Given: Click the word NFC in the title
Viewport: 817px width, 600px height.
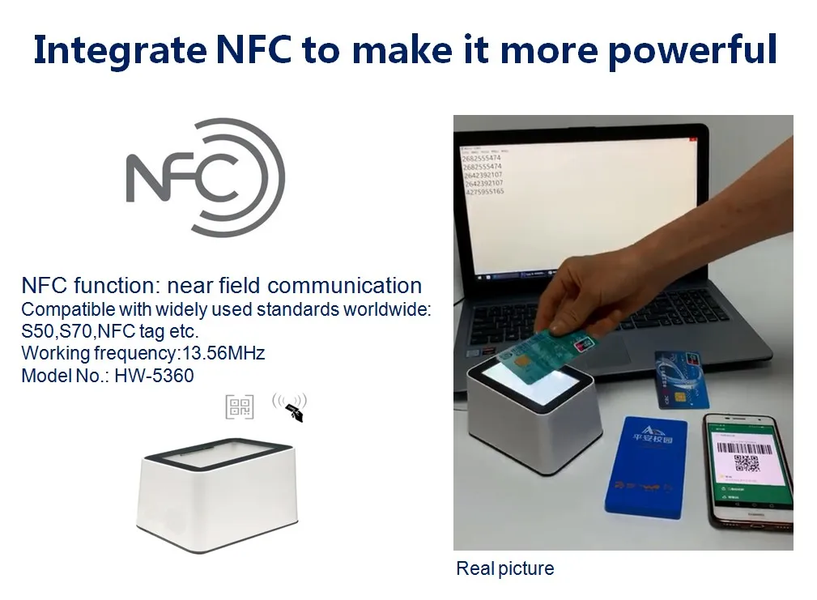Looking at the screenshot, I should pos(254,50).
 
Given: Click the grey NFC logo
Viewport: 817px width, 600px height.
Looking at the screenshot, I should pos(206,178).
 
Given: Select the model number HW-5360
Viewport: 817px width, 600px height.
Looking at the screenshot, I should pos(153,375).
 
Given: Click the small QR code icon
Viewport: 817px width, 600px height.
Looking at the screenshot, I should pos(240,406).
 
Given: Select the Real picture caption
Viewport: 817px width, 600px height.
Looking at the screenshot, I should pos(504,568).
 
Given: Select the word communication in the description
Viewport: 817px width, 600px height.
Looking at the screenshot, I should pos(344,286).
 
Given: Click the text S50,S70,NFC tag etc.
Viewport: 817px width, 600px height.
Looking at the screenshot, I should pos(109,331).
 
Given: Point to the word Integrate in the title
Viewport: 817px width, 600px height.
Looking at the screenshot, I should pos(120,50).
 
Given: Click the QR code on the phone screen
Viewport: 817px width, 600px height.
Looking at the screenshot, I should pos(746,462).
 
